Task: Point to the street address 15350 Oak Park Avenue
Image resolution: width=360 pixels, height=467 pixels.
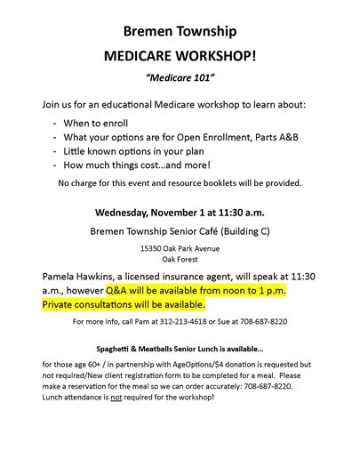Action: tap(180, 249)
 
